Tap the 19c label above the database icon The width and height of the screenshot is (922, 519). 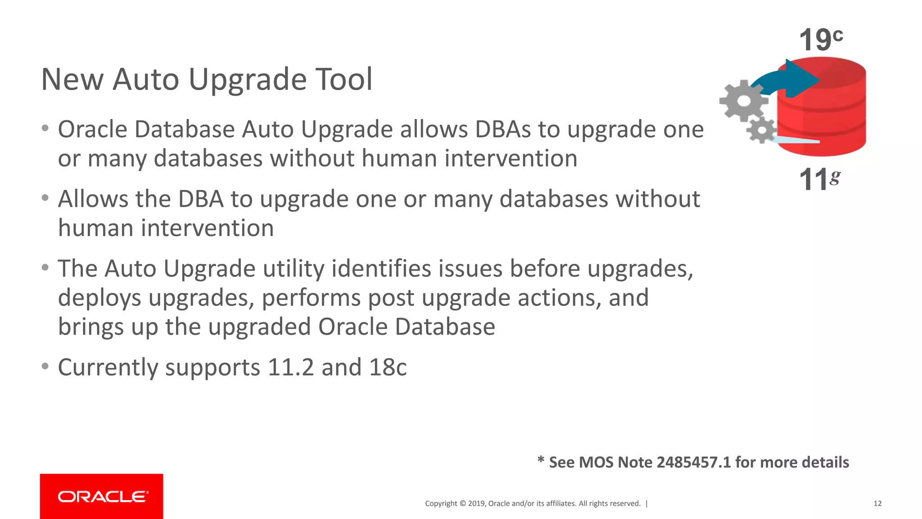pyautogui.click(x=820, y=40)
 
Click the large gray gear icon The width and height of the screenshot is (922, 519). pyautogui.click(x=743, y=100)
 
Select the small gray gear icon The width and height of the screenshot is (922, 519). pyautogui.click(x=762, y=130)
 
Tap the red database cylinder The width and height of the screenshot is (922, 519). pyautogui.click(x=828, y=122)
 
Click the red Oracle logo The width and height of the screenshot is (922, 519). pyautogui.click(x=102, y=496)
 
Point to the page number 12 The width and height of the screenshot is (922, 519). pyautogui.click(x=877, y=504)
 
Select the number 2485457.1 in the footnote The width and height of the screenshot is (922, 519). pyautogui.click(x=693, y=463)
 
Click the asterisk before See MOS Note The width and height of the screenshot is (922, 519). pyautogui.click(x=541, y=460)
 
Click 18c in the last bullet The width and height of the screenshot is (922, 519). pyautogui.click(x=388, y=368)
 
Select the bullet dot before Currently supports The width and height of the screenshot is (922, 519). pyautogui.click(x=45, y=366)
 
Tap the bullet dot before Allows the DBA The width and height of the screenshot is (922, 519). pyautogui.click(x=45, y=198)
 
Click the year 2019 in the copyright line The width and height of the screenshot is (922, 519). pyautogui.click(x=476, y=504)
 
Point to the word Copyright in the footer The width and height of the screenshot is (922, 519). pyautogui.click(x=441, y=504)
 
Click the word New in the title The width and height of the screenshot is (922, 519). pyautogui.click(x=72, y=79)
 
